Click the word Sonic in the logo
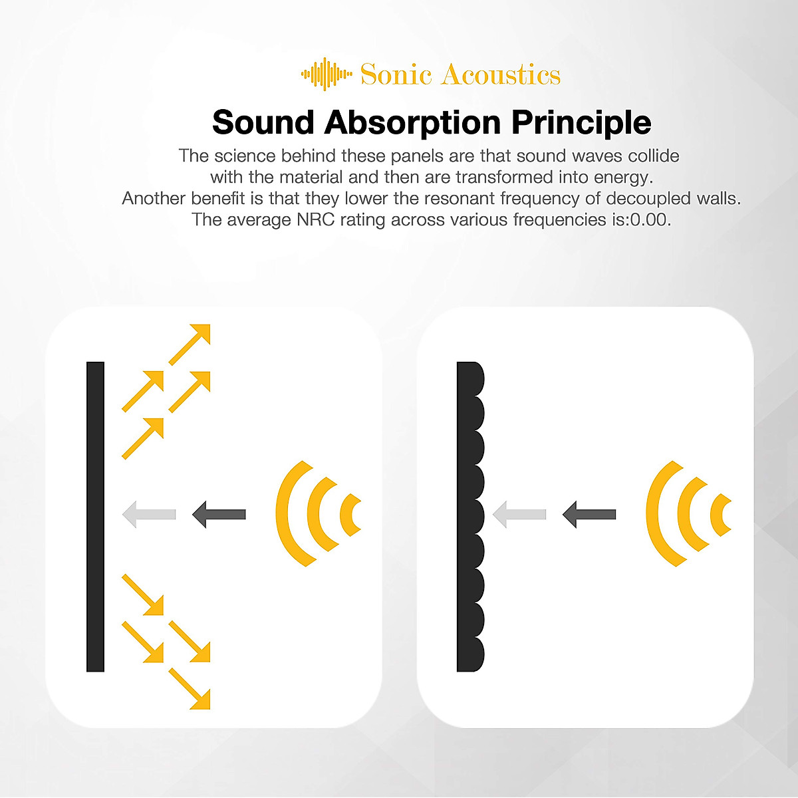pos(396,74)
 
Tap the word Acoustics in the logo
pos(501,74)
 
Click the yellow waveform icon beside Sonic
pos(326,74)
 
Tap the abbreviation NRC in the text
pos(315,219)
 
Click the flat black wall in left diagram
pos(95,516)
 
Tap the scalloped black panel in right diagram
pos(469,516)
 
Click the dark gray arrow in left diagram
pos(219,514)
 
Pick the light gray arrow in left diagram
pos(149,514)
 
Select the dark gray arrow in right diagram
pos(589,514)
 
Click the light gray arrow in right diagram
pos(519,514)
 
